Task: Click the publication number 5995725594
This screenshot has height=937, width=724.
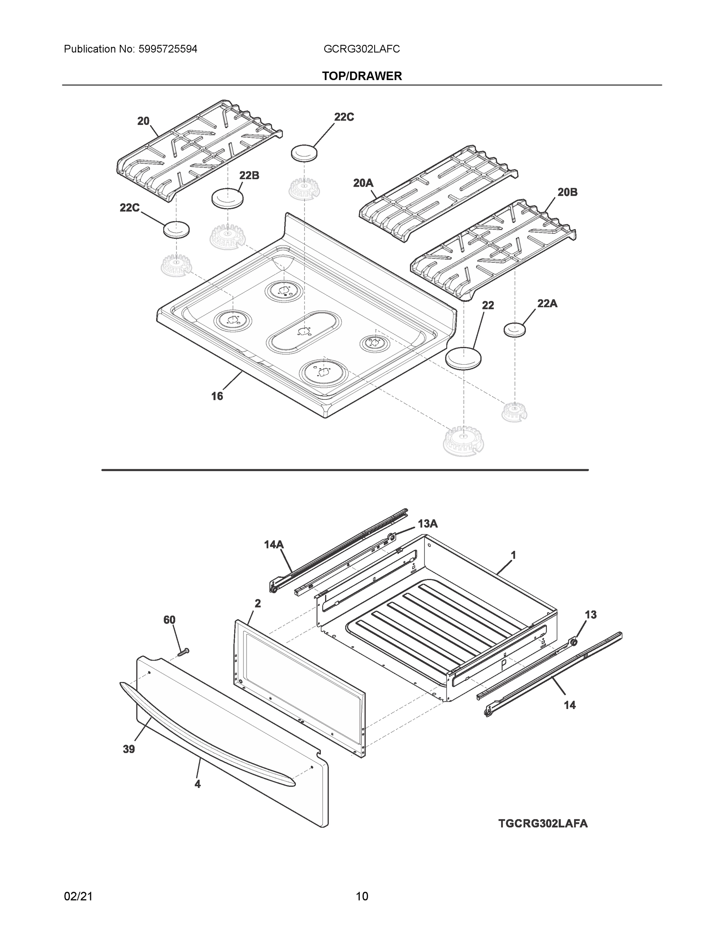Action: point(168,49)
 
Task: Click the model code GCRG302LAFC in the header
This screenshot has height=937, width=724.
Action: point(361,49)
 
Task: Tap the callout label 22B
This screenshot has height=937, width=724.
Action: point(249,175)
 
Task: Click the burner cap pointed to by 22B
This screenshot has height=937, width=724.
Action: point(227,199)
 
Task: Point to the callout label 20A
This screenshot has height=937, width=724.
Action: point(363,183)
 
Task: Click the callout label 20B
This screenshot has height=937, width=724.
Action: point(567,192)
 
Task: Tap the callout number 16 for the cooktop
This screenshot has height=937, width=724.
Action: point(217,396)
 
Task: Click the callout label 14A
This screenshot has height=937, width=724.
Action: point(274,545)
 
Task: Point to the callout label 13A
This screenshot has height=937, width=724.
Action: point(428,524)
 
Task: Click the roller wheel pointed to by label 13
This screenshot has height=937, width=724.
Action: point(573,642)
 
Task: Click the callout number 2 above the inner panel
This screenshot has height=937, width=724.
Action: point(257,603)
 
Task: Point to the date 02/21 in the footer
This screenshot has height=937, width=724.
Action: point(78,896)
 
